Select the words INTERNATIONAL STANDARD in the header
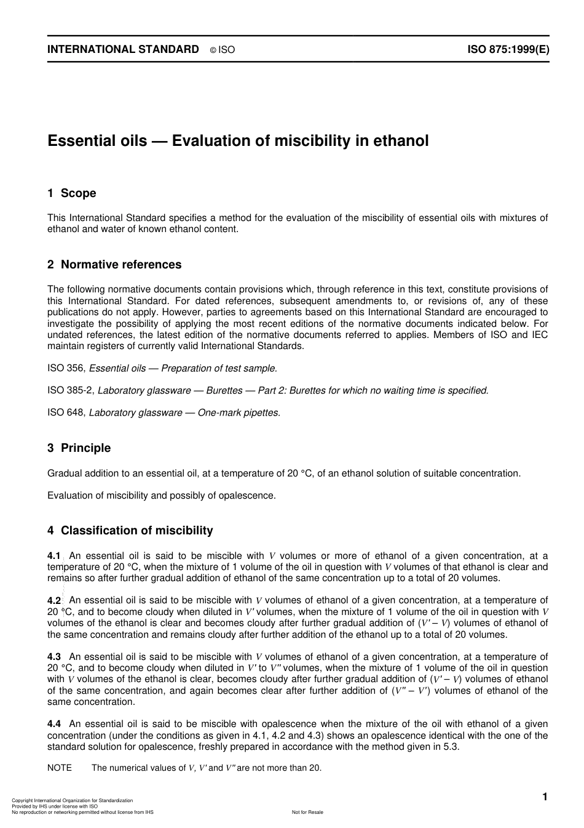click(x=123, y=50)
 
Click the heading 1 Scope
click(x=72, y=193)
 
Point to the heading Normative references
click(x=121, y=265)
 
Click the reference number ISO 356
click(x=66, y=368)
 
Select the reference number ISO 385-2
click(x=70, y=390)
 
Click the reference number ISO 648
click(x=66, y=412)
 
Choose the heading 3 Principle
click(x=79, y=448)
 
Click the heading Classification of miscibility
click(x=136, y=531)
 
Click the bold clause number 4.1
click(x=54, y=556)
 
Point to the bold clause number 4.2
click(x=54, y=600)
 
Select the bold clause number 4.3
click(x=54, y=657)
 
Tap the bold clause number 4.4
click(x=54, y=725)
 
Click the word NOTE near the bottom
click(x=60, y=768)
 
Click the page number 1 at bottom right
click(x=544, y=797)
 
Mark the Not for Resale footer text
click(x=307, y=812)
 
